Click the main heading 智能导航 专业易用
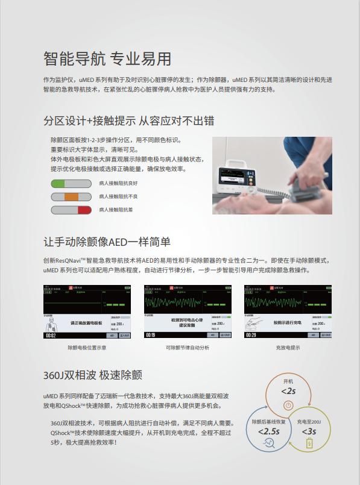click(107, 58)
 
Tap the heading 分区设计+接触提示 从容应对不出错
click(128, 120)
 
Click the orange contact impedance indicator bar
click(71, 196)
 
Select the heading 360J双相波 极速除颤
click(92, 375)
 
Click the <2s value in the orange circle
click(288, 391)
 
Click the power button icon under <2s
click(288, 405)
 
